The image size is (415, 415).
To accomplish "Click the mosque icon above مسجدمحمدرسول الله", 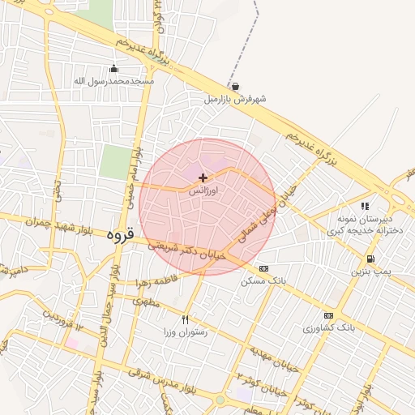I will (113, 69).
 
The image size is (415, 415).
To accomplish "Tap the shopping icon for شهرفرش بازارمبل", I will (235, 87).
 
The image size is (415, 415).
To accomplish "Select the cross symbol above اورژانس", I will (203, 177).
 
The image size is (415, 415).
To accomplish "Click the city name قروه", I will (118, 233).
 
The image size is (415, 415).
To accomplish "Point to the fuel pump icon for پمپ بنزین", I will (370, 259).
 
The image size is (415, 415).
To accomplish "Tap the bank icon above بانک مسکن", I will (263, 268).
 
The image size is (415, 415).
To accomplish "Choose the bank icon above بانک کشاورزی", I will (328, 315).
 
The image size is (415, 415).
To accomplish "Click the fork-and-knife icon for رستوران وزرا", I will (186, 319).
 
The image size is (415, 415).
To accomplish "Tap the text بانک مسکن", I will (263, 280).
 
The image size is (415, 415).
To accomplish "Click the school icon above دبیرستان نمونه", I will (366, 207).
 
